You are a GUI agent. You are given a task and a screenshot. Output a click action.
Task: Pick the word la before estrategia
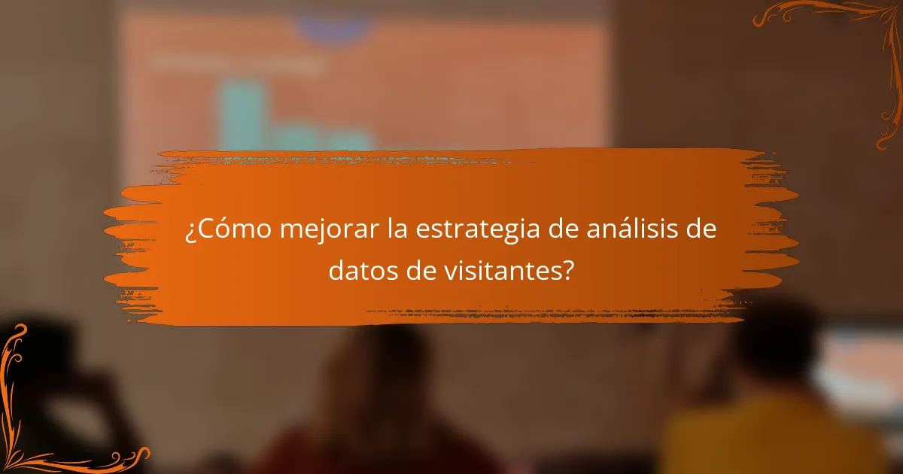[399, 229]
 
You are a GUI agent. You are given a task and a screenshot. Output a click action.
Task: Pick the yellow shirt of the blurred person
[768, 440]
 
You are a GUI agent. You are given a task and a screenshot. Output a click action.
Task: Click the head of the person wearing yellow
[775, 346]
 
